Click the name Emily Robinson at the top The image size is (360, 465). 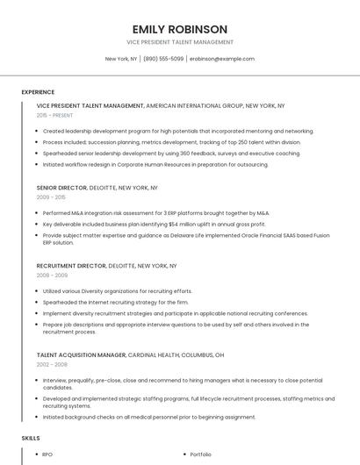pos(179,29)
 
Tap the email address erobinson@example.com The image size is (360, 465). pos(221,59)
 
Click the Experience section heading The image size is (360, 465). pos(38,91)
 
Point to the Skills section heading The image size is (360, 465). pos(30,437)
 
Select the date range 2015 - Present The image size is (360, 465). pos(54,115)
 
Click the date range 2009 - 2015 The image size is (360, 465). pos(51,197)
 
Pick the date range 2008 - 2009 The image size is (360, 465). pos(52,275)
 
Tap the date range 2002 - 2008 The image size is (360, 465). pos(52,364)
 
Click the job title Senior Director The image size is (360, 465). pos(61,188)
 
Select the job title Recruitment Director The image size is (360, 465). pos(71,266)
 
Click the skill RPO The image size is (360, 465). pos(47,454)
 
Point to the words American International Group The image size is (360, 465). pos(194,105)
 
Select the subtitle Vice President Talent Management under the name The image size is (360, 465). pos(179,41)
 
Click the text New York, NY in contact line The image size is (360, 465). pos(121,59)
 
